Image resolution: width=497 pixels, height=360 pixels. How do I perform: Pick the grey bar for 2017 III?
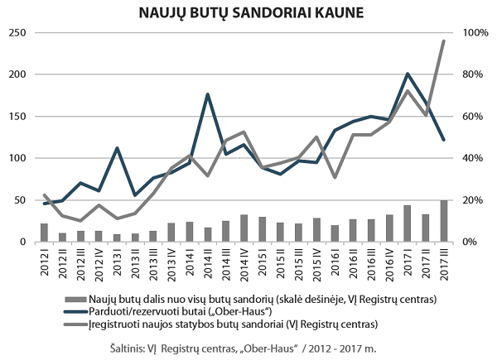(444, 221)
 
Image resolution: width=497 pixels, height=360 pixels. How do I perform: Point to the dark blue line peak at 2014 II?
(207, 94)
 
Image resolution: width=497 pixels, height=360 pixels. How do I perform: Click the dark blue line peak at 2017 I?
(408, 74)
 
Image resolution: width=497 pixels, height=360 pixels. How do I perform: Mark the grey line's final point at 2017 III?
(444, 41)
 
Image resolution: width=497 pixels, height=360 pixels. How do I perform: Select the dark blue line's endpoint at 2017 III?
(444, 140)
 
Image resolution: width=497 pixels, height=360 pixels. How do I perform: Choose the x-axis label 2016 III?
(371, 263)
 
